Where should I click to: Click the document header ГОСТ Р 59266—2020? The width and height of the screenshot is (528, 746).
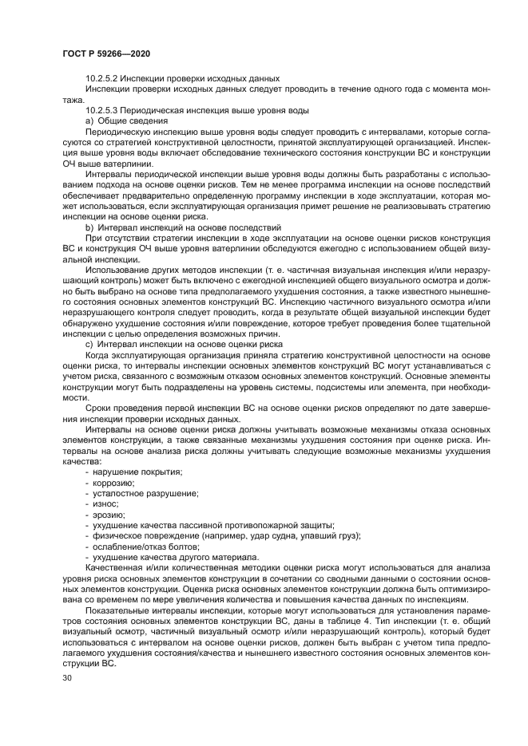coord(106,53)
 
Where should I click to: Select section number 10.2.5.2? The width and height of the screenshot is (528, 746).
coord(104,78)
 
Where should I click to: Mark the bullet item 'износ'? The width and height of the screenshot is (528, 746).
coord(106,505)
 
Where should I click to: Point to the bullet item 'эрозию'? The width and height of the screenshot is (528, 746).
coord(109,515)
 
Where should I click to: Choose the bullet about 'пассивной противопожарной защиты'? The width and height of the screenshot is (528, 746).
coord(213,526)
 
